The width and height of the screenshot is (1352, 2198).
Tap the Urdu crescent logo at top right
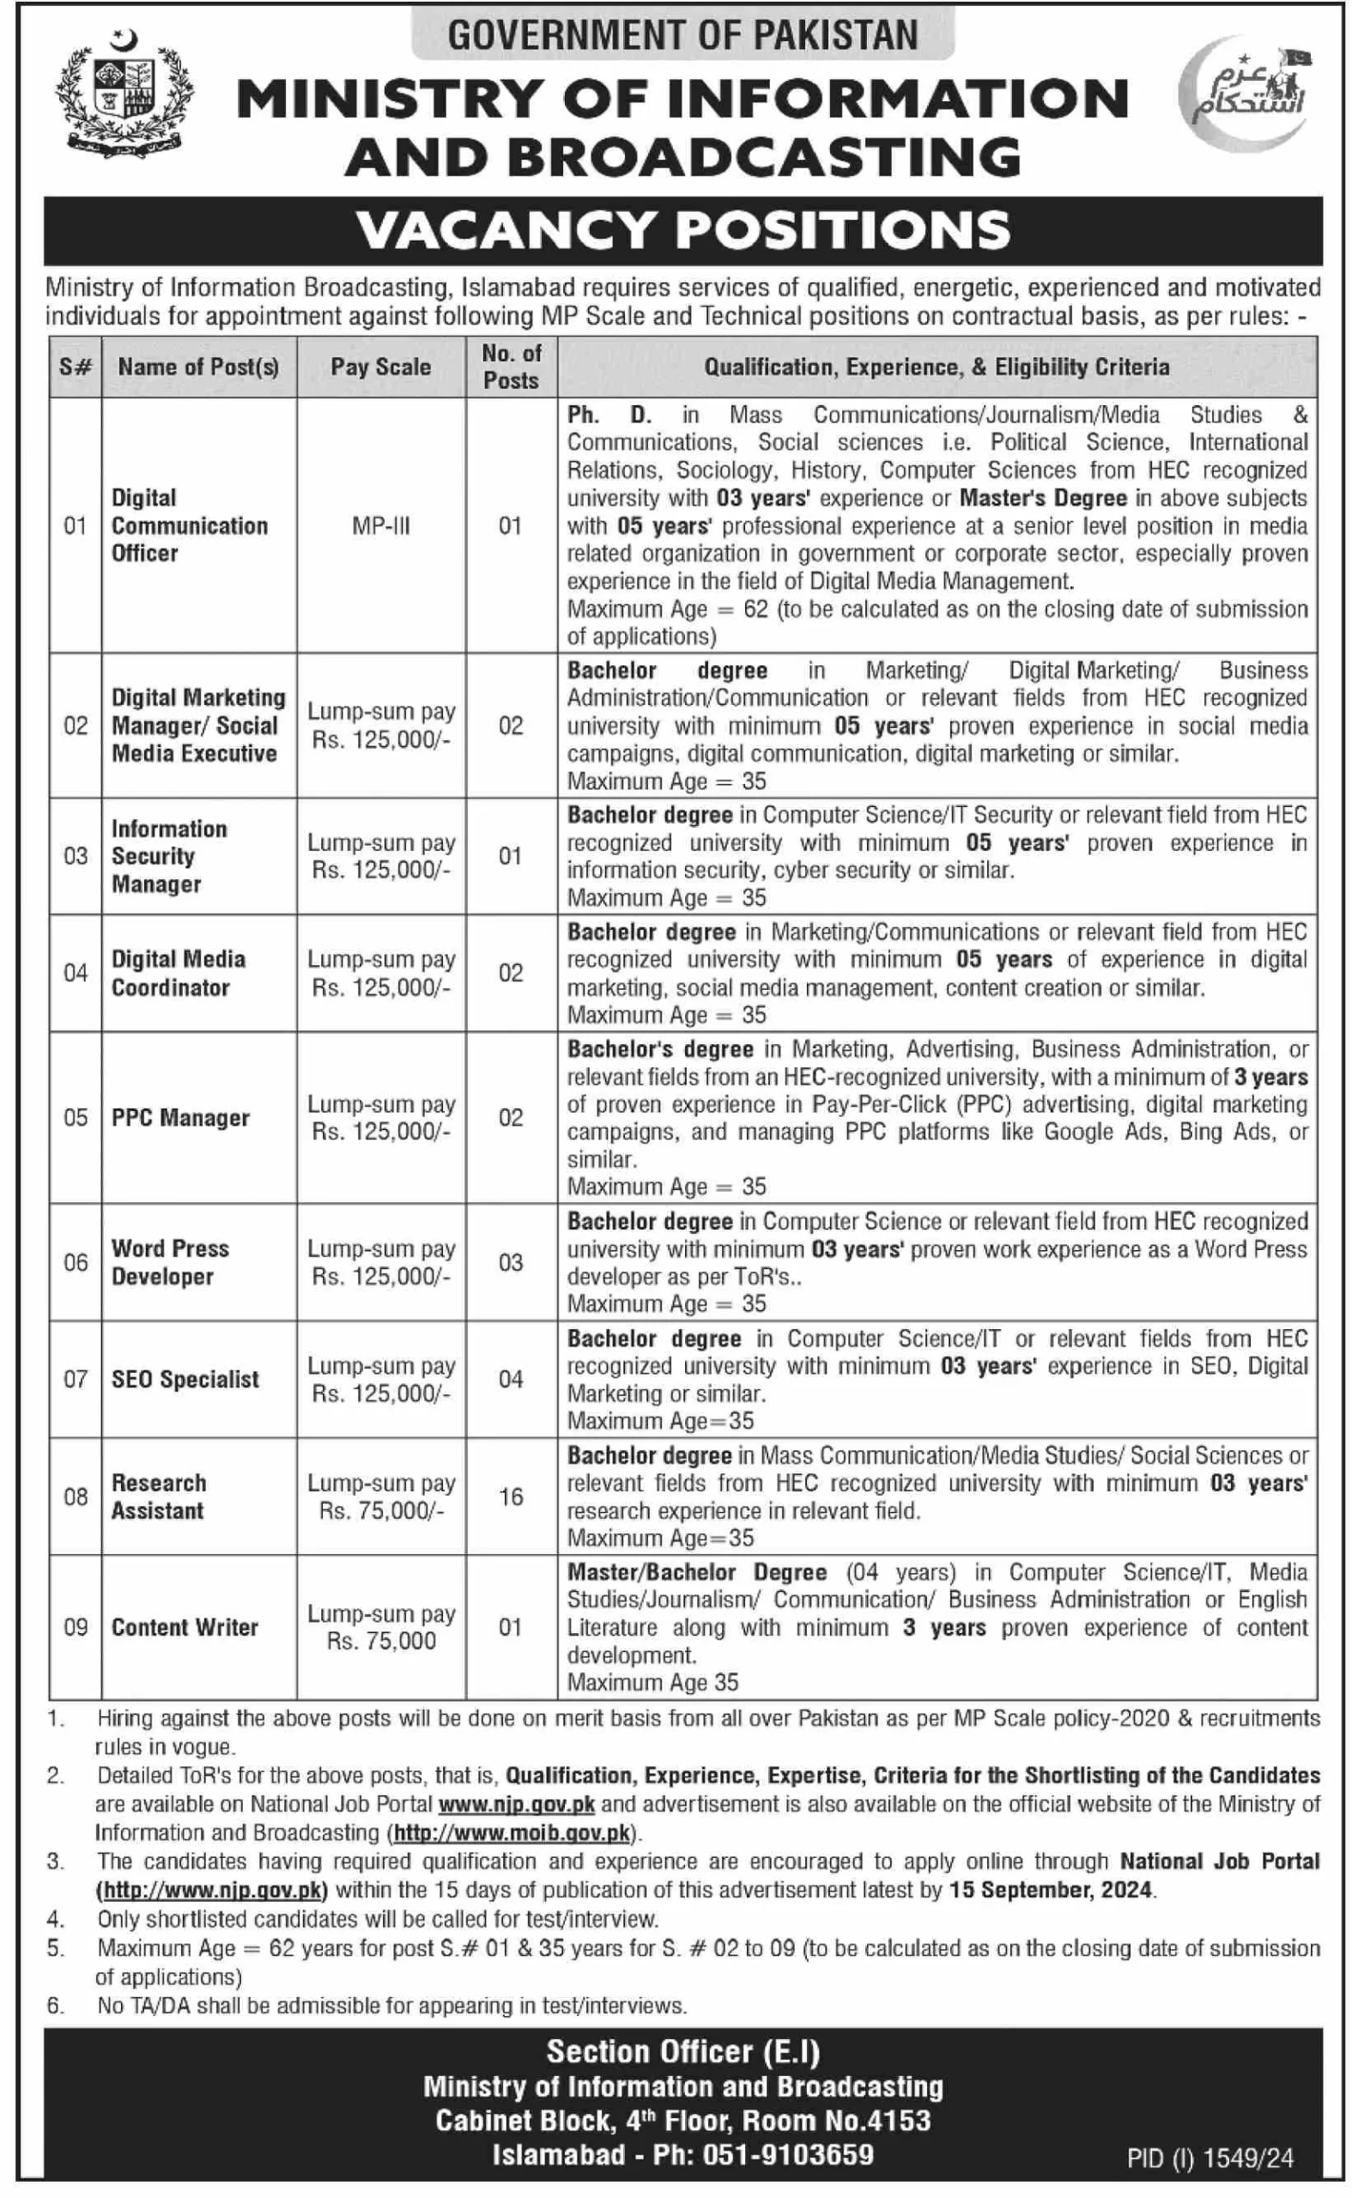point(1245,93)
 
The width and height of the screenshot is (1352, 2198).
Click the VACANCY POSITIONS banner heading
point(683,230)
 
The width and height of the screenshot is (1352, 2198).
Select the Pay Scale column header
point(380,367)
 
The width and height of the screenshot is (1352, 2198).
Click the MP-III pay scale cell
point(380,525)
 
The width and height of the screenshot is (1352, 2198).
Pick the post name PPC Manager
point(179,1118)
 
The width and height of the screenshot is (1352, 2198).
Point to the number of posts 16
point(510,1496)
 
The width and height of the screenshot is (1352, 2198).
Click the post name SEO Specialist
point(185,1379)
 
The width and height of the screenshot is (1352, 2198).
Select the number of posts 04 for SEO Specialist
point(510,1379)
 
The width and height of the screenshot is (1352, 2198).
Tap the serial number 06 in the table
point(76,1262)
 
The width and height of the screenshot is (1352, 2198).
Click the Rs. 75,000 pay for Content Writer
point(381,1641)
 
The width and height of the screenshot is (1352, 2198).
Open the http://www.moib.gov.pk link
point(512,1832)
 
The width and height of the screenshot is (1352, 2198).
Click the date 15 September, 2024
point(1052,1890)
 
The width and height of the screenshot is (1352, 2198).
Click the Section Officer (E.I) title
point(683,2051)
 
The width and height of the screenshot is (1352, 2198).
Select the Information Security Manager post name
point(168,856)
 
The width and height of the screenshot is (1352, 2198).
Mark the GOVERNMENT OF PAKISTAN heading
point(683,35)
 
